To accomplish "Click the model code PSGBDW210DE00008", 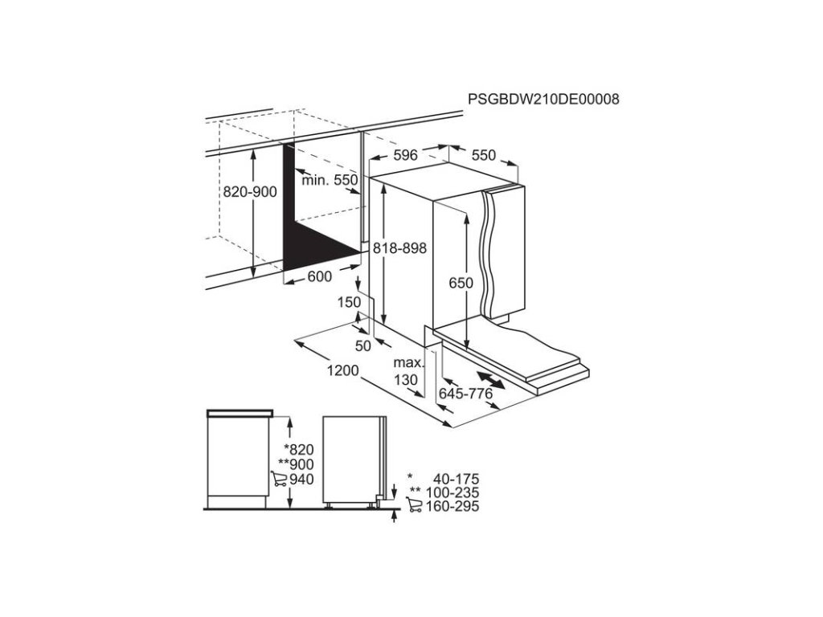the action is (x=543, y=99).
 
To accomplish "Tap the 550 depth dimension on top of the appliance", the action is (x=484, y=156).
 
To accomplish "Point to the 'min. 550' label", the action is (x=329, y=180).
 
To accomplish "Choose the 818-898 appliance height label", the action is (x=399, y=250).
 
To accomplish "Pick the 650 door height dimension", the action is (x=461, y=283).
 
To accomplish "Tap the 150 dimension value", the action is (x=348, y=302).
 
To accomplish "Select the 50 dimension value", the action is (x=362, y=346).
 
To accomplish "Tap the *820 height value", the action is (x=298, y=450).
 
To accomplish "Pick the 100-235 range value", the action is (x=450, y=492).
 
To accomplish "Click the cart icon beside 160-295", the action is (x=416, y=506).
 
